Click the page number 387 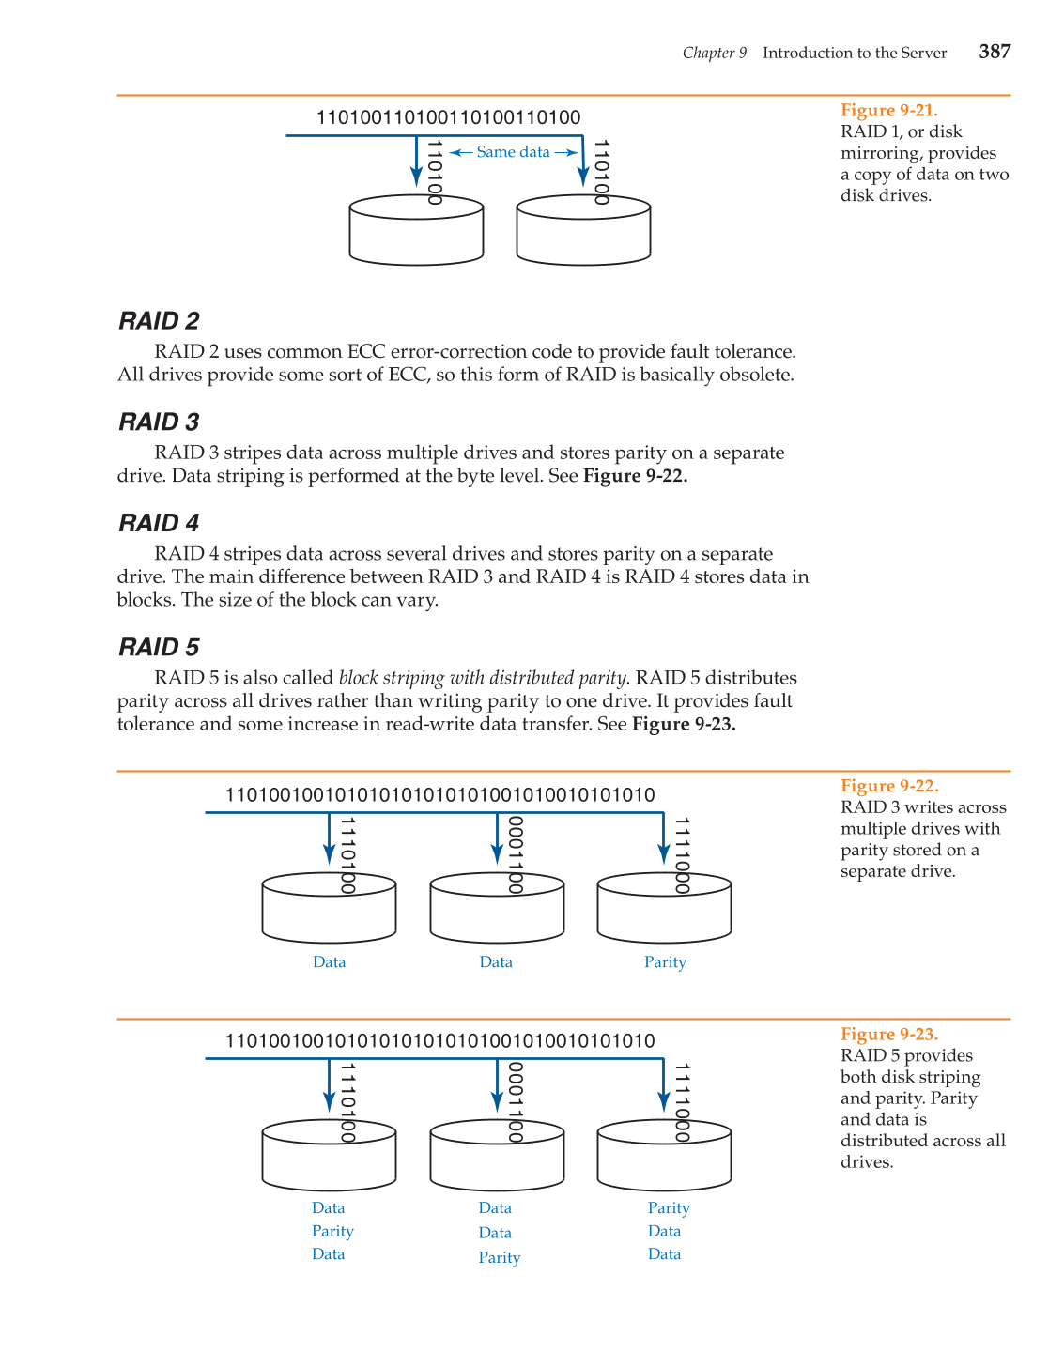click(x=994, y=52)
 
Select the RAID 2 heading click(x=159, y=321)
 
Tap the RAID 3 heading click(x=159, y=422)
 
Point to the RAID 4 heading click(x=159, y=523)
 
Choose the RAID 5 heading click(x=159, y=648)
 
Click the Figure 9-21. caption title click(x=888, y=110)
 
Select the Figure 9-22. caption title click(x=889, y=786)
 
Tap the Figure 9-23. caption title click(x=889, y=1034)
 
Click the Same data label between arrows click(x=513, y=152)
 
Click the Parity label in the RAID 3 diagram click(x=665, y=962)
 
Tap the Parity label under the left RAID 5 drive click(x=332, y=1231)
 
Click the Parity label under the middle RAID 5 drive click(x=499, y=1258)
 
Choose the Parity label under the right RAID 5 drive click(x=669, y=1208)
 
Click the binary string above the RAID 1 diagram click(x=448, y=117)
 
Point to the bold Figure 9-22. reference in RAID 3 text click(x=635, y=476)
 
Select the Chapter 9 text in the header click(x=714, y=53)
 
